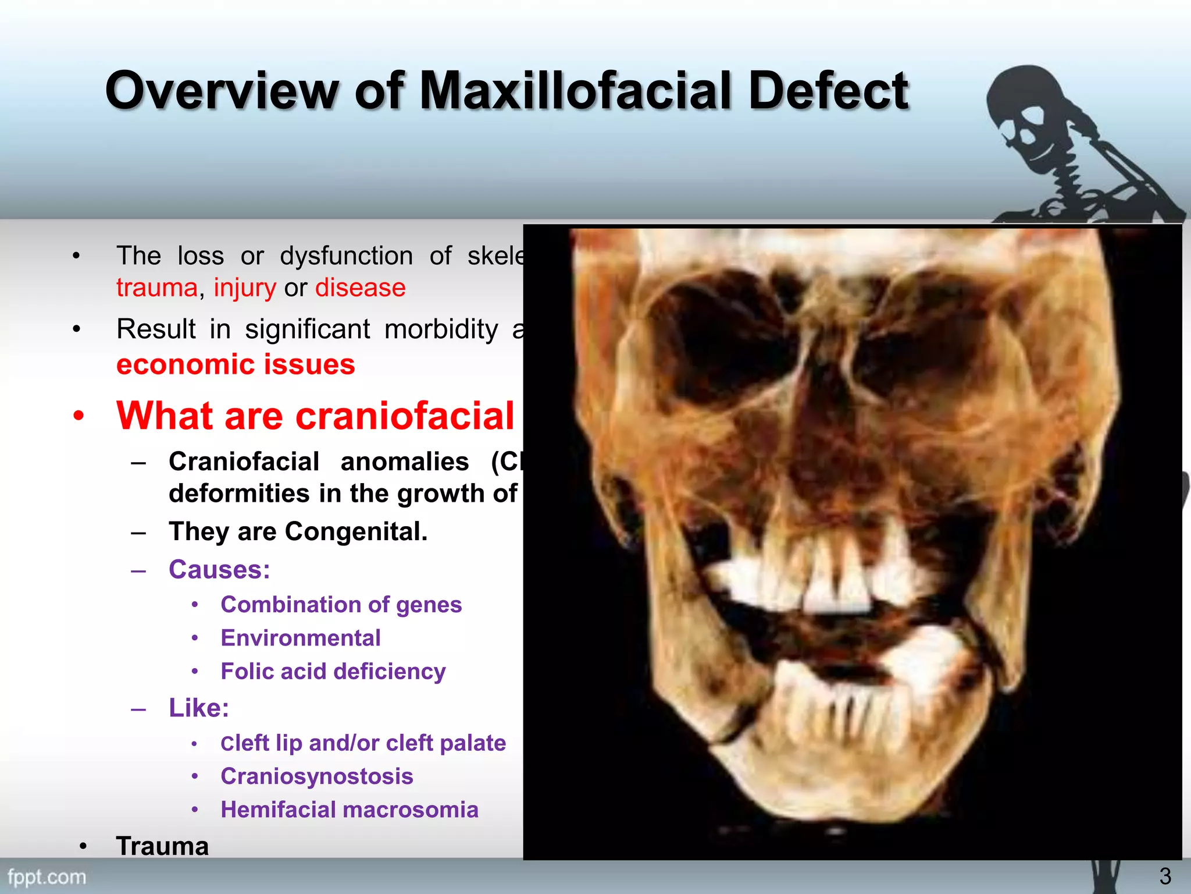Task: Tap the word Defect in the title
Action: click(x=828, y=90)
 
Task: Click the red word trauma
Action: click(x=156, y=288)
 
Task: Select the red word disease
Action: click(x=360, y=288)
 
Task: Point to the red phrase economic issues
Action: click(x=236, y=365)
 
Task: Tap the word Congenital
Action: click(x=356, y=531)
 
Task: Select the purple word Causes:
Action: click(x=219, y=569)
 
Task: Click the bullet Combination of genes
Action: click(x=341, y=605)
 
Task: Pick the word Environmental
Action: click(x=301, y=638)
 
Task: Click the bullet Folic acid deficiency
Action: click(x=333, y=671)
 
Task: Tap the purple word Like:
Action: click(x=199, y=708)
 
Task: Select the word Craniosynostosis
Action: click(x=317, y=776)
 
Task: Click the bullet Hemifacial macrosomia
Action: click(x=349, y=810)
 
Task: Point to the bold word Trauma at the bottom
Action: click(x=162, y=846)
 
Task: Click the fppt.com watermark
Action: click(x=47, y=877)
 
